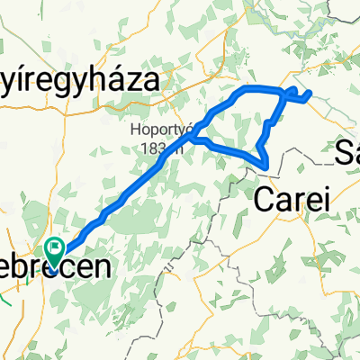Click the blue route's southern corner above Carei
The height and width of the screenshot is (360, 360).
[266, 162]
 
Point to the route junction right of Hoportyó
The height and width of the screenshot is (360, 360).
[192, 139]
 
